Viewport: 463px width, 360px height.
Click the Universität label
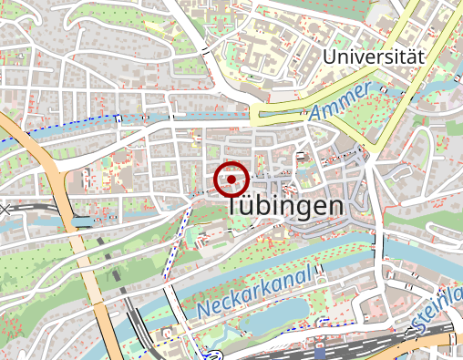click(374, 57)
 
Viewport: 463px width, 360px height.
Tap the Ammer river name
click(340, 102)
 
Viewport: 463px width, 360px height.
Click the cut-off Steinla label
click(437, 310)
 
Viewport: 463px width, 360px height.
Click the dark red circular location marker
click(231, 180)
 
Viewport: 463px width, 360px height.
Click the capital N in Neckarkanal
click(202, 310)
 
